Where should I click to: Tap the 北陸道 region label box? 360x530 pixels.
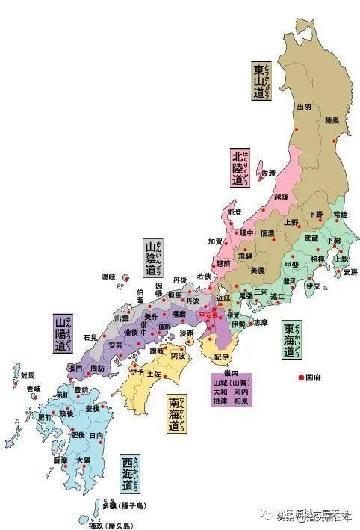(239, 168)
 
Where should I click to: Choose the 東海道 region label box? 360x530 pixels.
(292, 342)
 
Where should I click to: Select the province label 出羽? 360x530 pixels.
(304, 107)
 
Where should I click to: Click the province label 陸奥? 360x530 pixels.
(332, 120)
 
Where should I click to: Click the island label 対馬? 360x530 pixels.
(28, 376)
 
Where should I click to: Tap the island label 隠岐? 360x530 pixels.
(109, 277)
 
